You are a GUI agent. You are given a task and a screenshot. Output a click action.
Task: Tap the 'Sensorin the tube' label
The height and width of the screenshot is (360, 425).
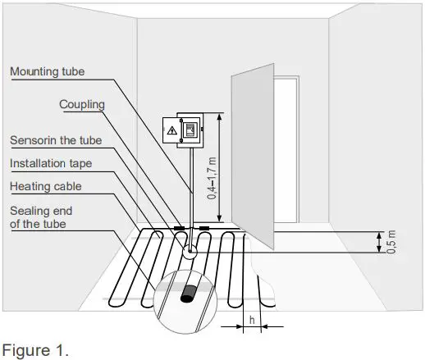click(x=55, y=140)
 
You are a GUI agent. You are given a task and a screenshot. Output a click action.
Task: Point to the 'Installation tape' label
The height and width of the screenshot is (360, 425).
click(x=51, y=163)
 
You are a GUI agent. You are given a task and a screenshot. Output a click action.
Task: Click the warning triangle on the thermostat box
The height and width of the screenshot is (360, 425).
click(x=171, y=130)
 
